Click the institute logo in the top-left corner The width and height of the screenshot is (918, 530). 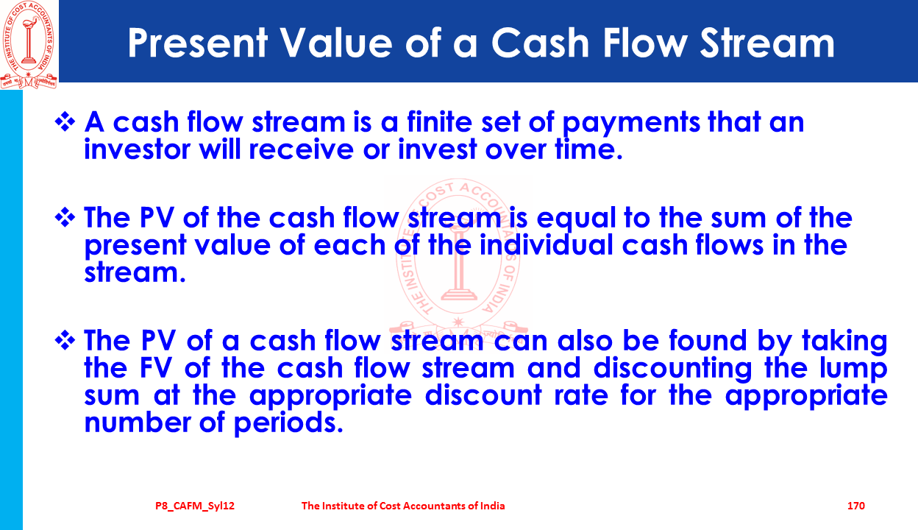(x=29, y=45)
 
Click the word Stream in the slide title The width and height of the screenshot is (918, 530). (x=766, y=43)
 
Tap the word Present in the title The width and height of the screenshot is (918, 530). (x=198, y=43)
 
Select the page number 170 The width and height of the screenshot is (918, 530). (x=855, y=506)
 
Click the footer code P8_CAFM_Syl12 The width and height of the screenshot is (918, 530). (x=195, y=506)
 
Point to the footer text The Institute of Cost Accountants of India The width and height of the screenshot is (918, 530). (x=403, y=506)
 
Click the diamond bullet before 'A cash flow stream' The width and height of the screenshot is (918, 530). (x=65, y=122)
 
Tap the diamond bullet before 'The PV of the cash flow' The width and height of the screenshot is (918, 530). (x=65, y=217)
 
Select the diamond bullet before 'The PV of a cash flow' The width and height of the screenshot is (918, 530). (x=65, y=341)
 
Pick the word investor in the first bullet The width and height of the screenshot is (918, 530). (x=137, y=149)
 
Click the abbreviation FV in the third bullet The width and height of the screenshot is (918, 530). (x=155, y=367)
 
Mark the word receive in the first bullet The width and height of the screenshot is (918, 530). (x=302, y=149)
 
